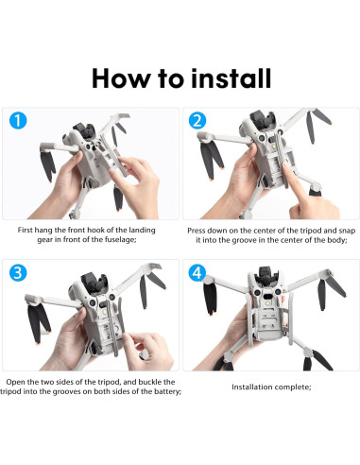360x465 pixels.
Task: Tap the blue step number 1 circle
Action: [19, 122]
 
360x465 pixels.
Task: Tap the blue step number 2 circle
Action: [197, 122]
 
